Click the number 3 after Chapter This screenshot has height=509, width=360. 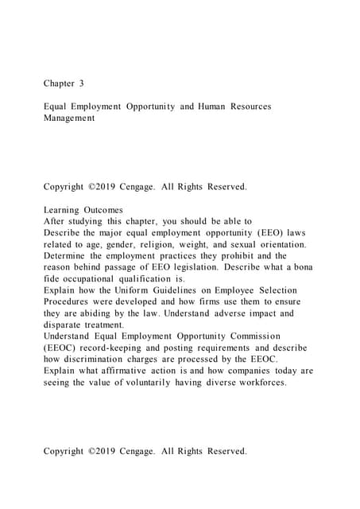pyautogui.click(x=81, y=82)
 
